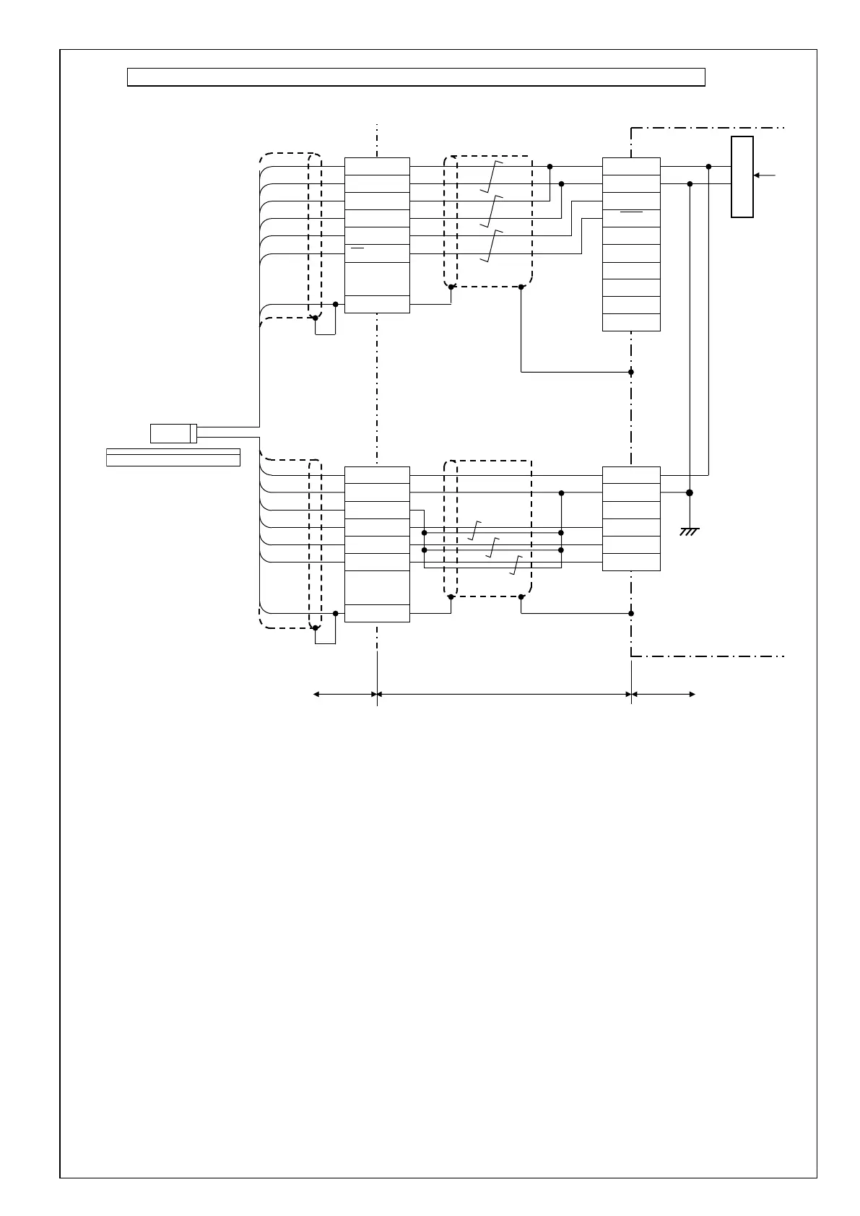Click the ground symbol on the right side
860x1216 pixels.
(690, 532)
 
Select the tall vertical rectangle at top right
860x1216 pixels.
(742, 176)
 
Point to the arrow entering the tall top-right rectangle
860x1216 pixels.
(765, 175)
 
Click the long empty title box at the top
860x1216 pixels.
(416, 77)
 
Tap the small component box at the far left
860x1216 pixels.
(173, 433)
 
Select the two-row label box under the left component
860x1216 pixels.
(173, 457)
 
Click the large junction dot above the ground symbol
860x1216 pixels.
(690, 492)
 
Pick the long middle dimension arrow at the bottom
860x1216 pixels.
(504, 694)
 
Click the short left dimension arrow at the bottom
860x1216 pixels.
(344, 694)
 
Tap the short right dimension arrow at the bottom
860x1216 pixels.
(664, 694)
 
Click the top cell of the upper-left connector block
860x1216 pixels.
(377, 166)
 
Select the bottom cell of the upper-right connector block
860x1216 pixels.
(631, 322)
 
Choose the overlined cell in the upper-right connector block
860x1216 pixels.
(631, 218)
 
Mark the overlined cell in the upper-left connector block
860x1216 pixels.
(377, 253)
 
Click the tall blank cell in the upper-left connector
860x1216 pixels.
(377, 279)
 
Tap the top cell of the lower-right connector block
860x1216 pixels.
(631, 475)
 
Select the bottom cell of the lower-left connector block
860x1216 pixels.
(377, 613)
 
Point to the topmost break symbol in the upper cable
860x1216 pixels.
(491, 176)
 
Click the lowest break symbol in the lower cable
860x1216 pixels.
(516, 565)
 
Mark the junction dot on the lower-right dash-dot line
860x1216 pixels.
(631, 613)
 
